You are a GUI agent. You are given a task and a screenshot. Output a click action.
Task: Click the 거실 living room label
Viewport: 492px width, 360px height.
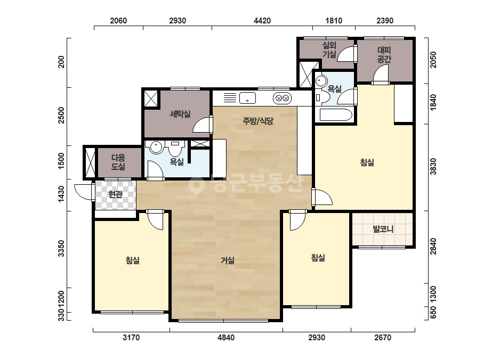point(228,260)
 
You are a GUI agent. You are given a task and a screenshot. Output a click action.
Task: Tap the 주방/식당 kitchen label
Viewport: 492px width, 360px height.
point(258,121)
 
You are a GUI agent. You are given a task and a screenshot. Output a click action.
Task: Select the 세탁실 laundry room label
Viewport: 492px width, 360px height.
point(180,114)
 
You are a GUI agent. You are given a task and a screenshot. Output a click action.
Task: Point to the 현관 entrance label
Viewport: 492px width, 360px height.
point(115,194)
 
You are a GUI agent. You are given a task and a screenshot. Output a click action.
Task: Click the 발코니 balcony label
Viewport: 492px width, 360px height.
point(383,229)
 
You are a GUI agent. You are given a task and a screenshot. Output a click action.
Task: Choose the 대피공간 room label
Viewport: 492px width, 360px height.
point(384,54)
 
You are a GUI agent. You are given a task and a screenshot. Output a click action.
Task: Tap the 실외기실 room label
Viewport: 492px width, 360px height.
point(329,50)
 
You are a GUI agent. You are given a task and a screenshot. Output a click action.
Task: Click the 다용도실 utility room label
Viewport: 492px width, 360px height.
point(118,162)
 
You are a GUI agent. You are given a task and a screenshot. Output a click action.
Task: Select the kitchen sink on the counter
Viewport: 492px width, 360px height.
point(247,98)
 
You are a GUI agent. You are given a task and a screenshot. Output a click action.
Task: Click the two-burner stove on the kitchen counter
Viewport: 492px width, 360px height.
point(282,98)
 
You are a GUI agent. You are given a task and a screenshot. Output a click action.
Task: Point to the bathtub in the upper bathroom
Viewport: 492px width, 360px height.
point(336,115)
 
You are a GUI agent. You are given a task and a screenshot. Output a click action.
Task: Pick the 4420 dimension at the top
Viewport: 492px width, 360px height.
point(262,21)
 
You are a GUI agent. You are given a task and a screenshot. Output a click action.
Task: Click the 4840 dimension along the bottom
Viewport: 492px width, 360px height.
point(226,338)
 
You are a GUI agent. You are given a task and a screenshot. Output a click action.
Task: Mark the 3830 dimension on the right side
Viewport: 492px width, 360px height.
point(433,167)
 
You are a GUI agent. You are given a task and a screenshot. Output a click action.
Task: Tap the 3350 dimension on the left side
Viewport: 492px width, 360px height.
point(61,248)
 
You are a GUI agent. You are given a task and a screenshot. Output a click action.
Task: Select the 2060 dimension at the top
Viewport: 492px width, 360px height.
point(118,21)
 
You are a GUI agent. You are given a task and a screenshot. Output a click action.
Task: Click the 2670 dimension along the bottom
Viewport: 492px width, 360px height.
point(383,338)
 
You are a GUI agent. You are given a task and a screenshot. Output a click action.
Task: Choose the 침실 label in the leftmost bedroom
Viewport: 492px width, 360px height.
point(132,260)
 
